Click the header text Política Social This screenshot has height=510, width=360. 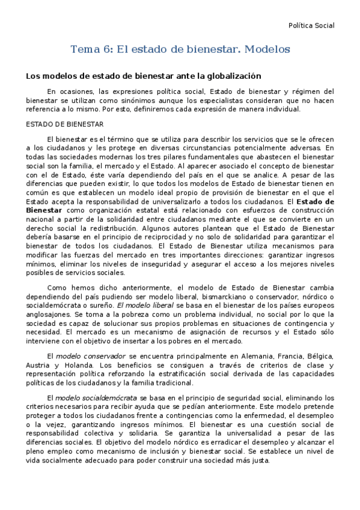[x=311, y=25]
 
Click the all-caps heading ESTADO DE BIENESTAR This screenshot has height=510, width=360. [x=64, y=124]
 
